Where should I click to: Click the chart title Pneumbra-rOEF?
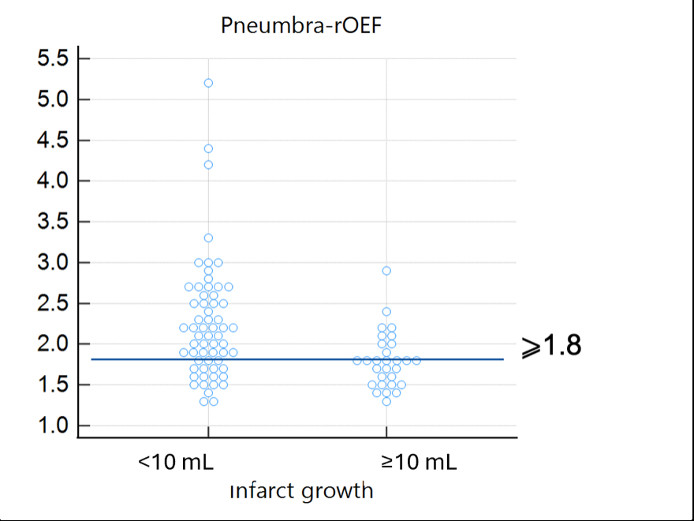(302, 26)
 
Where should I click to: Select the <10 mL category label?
(176, 462)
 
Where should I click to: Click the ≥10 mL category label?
(419, 462)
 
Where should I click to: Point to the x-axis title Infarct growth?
(301, 490)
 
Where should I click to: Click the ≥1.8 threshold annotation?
(551, 346)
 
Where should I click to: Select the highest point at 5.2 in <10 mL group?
(208, 83)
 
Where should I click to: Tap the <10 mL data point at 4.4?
(208, 148)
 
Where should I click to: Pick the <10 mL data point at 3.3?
(208, 238)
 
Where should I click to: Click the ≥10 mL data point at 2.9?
(386, 271)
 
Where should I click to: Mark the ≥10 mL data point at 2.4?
(386, 312)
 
